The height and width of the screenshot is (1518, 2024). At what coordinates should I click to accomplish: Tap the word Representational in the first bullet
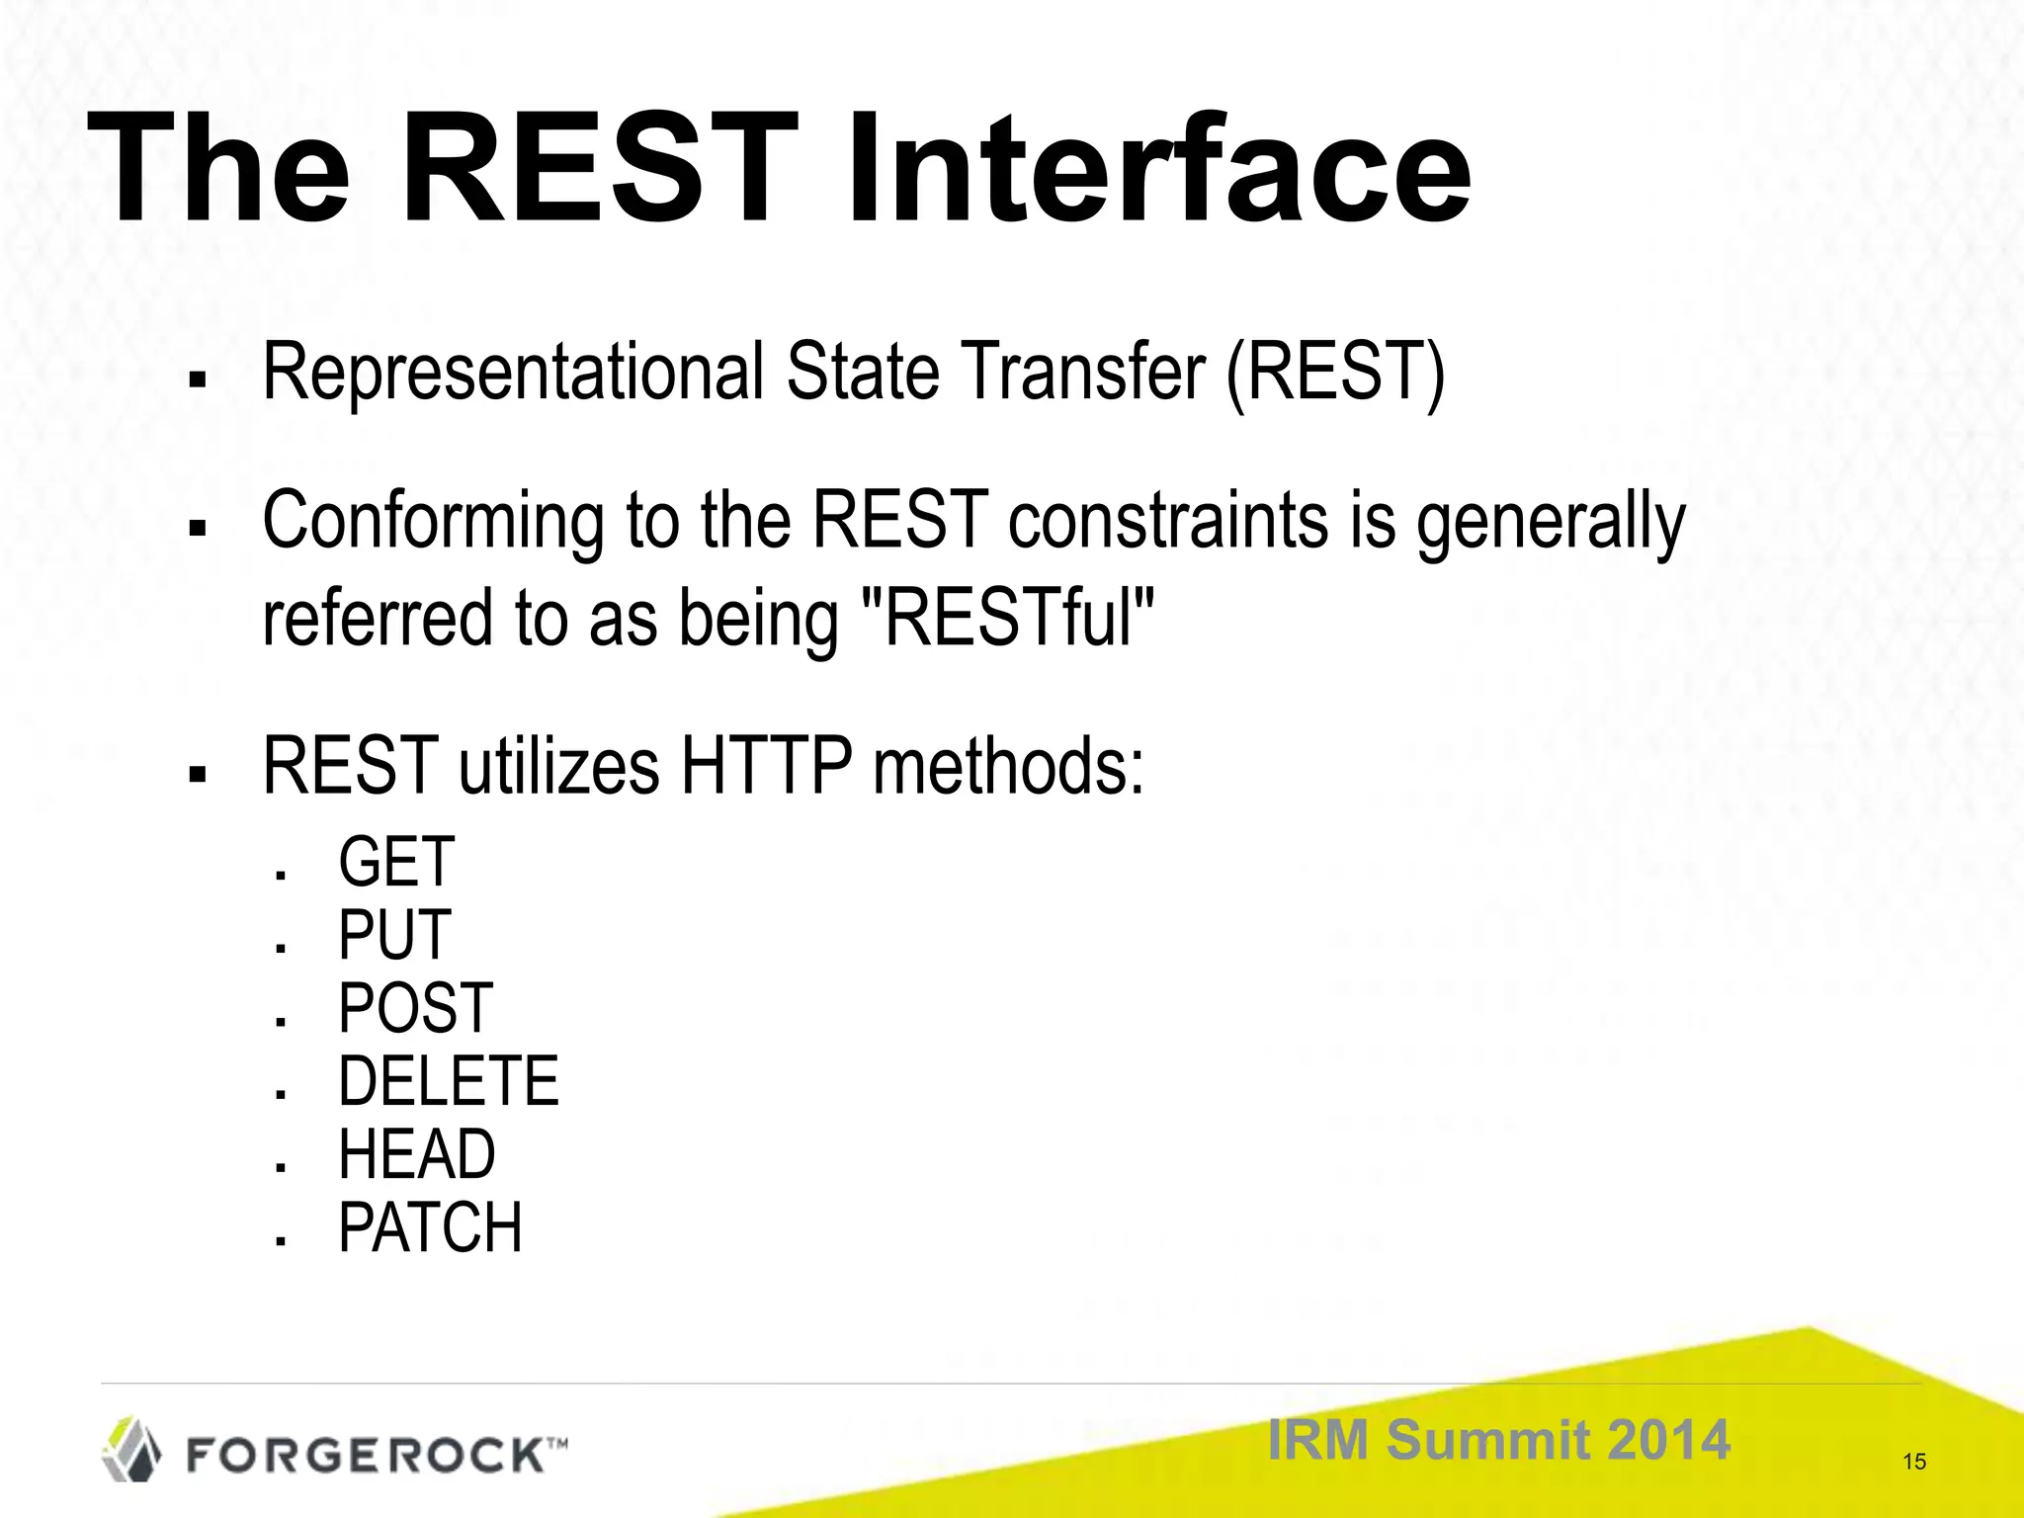click(513, 372)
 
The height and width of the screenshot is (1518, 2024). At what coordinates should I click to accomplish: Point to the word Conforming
click(433, 522)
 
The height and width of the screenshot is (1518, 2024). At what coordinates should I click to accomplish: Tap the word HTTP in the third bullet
click(766, 766)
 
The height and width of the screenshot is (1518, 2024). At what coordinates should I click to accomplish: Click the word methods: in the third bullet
click(1008, 766)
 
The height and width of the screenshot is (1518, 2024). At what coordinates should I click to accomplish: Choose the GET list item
click(395, 862)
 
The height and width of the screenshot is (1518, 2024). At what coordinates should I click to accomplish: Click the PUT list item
click(394, 935)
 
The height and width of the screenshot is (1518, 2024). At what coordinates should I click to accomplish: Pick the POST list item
click(415, 1008)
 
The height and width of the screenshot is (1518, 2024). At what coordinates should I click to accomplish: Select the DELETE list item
click(448, 1081)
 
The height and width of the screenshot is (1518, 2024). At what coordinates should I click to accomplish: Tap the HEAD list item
click(416, 1154)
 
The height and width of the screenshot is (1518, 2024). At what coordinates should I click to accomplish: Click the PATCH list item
click(430, 1227)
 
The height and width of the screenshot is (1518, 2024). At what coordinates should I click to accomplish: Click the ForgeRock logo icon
click(131, 1449)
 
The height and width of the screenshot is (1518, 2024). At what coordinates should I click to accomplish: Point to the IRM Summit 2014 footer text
click(1498, 1439)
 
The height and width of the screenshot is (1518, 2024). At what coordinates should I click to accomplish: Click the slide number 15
click(1914, 1462)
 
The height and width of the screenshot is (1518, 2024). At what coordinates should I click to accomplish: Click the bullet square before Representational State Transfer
click(197, 379)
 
